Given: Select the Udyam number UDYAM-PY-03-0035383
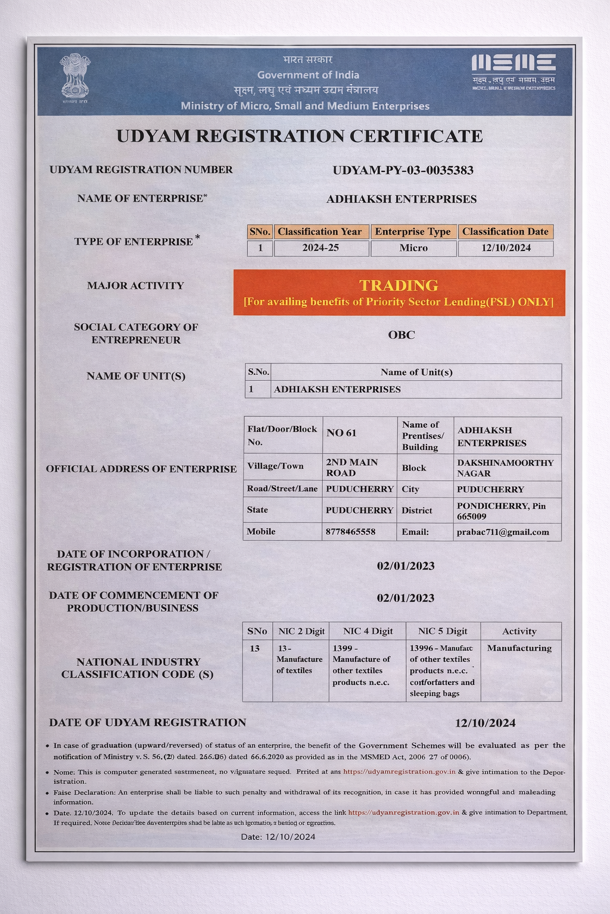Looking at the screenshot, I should tap(403, 170).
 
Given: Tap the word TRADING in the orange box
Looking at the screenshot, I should tap(399, 286).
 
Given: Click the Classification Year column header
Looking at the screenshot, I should tap(320, 231).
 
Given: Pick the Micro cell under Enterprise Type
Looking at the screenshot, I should tap(413, 248).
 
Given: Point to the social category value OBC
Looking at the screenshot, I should tap(401, 334).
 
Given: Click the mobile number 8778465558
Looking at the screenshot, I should tap(350, 531).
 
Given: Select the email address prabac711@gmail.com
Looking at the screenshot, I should tap(503, 532).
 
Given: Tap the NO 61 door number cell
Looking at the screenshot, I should tap(341, 433).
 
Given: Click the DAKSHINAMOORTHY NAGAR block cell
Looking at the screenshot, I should tap(505, 468).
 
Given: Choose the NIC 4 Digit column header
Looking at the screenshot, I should tap(368, 631).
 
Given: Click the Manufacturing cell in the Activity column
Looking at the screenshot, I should tap(519, 648).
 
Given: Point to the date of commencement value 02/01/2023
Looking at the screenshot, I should tap(405, 598).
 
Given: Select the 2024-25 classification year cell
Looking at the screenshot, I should tap(320, 248).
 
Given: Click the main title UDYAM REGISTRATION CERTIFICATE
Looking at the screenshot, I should tap(299, 136).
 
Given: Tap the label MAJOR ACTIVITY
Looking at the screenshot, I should tap(135, 286).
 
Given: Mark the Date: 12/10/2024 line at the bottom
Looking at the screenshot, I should tap(278, 837).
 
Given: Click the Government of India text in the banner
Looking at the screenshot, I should tap(308, 75).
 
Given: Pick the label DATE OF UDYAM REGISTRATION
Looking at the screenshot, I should tap(147, 722).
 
